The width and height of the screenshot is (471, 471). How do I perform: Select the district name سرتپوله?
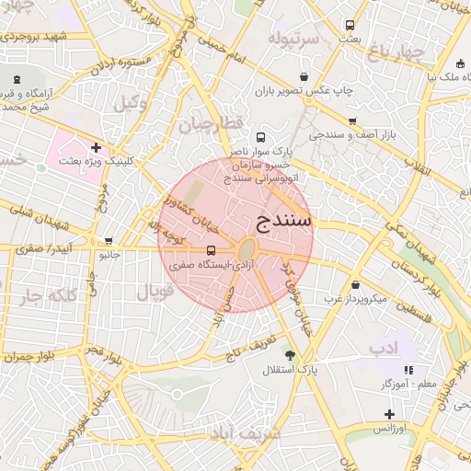click(x=293, y=39)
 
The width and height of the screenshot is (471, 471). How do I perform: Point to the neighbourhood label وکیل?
click(x=131, y=103)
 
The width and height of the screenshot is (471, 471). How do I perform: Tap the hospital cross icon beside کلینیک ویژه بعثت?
click(x=96, y=147)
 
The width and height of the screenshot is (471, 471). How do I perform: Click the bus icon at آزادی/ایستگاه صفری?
click(x=212, y=250)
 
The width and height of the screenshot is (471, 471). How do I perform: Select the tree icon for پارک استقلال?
click(x=291, y=356)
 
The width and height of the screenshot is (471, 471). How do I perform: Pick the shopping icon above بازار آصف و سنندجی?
click(x=352, y=121)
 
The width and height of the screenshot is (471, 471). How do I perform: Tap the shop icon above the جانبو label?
click(x=110, y=241)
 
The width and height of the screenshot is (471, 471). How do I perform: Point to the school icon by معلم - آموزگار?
click(x=408, y=369)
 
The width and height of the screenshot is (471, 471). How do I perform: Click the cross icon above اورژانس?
click(x=389, y=415)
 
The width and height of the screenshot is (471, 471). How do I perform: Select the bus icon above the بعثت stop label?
click(x=349, y=25)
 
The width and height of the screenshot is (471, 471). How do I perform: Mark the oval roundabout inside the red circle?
click(x=247, y=249)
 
